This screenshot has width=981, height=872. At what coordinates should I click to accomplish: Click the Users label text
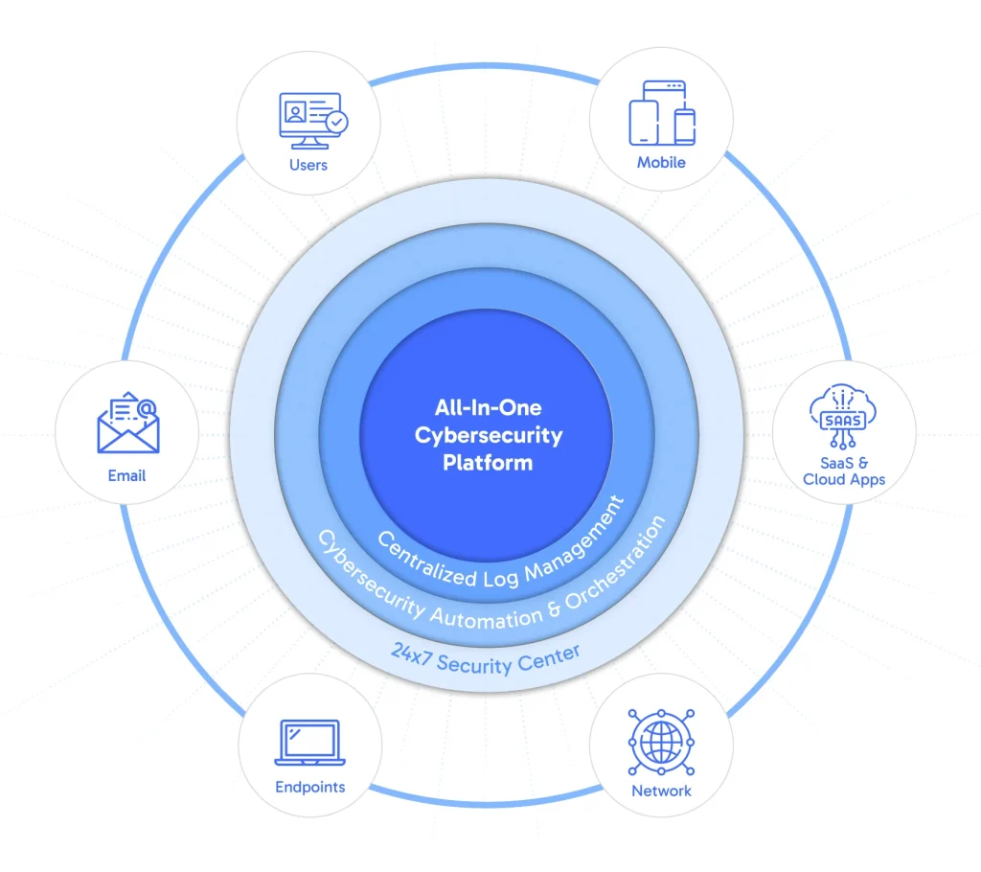point(308,165)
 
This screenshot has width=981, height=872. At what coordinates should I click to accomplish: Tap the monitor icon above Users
point(308,120)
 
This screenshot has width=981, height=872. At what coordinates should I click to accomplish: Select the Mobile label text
point(661,162)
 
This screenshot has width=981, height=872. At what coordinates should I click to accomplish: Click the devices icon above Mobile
point(661,113)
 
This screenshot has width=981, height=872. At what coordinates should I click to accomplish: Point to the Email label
point(127,475)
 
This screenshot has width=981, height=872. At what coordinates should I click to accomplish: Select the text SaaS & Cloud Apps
point(844,470)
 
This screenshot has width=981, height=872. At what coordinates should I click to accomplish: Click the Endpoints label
point(308,787)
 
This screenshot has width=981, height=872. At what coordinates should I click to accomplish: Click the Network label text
point(661,791)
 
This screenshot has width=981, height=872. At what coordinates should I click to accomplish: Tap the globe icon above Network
point(661,742)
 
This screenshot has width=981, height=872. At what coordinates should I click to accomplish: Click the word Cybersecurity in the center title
point(489,436)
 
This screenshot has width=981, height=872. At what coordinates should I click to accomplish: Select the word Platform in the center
point(488,463)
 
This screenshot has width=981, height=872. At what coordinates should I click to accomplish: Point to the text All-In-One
point(489,409)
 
